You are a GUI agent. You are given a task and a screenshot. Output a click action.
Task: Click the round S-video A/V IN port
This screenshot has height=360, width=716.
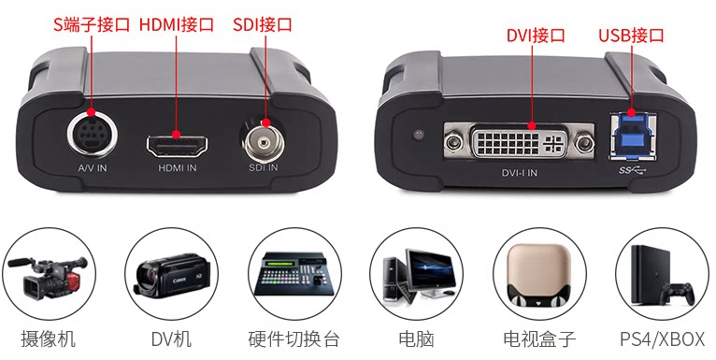(92, 135)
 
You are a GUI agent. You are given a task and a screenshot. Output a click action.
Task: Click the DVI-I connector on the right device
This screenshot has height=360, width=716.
(519, 143)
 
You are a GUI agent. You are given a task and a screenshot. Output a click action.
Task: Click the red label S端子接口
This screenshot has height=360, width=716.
(93, 24)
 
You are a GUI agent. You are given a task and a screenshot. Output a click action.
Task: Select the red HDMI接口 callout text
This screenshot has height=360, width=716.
(177, 24)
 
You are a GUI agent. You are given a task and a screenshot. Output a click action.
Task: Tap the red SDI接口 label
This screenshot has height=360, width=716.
(263, 24)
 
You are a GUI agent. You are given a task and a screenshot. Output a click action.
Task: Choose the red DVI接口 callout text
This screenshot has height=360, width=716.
(537, 36)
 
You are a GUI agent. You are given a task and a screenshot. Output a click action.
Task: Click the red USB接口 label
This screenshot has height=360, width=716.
(632, 36)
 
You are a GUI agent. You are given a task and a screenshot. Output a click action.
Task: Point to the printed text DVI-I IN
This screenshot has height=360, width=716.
(520, 173)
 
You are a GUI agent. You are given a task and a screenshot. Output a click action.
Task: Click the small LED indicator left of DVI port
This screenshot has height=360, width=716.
(418, 136)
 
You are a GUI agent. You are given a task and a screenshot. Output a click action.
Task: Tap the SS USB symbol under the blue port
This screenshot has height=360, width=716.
(633, 170)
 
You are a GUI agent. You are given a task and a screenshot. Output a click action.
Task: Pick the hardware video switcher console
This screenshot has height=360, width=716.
(294, 274)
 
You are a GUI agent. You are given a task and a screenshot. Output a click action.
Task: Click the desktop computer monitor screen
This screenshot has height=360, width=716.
(430, 268)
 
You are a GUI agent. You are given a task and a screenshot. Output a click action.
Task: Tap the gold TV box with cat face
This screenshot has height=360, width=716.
(539, 275)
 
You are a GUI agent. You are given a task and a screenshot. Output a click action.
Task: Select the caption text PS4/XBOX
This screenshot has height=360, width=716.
(662, 339)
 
